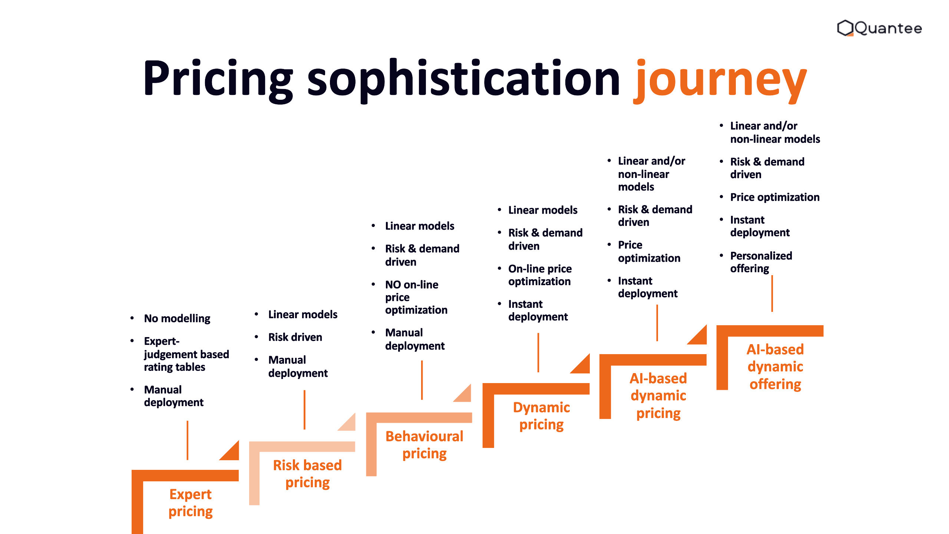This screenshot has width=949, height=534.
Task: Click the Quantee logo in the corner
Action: tap(879, 28)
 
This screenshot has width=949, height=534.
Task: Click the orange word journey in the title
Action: tap(720, 80)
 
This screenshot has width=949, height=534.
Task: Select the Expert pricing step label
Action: tap(191, 502)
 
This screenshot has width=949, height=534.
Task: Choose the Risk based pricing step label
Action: tap(307, 474)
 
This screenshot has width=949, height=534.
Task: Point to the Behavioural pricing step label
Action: tap(424, 445)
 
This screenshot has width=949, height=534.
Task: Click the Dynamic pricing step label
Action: tap(541, 416)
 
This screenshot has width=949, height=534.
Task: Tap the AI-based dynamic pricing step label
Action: tap(658, 395)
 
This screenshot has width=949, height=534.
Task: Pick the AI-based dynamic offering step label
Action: tap(775, 366)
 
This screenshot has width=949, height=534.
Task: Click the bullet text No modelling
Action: tap(177, 319)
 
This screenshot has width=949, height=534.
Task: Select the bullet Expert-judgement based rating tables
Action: tap(186, 354)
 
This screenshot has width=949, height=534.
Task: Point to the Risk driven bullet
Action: tap(295, 337)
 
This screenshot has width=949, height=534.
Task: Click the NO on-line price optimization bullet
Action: tap(416, 297)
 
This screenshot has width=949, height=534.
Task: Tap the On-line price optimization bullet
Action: tap(540, 275)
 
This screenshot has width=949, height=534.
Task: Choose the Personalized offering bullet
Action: tap(761, 262)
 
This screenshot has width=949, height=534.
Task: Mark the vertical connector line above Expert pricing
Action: tap(188, 440)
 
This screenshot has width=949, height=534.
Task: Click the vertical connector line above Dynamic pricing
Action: tap(538, 352)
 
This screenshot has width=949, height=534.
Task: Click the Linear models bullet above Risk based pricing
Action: tap(303, 314)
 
